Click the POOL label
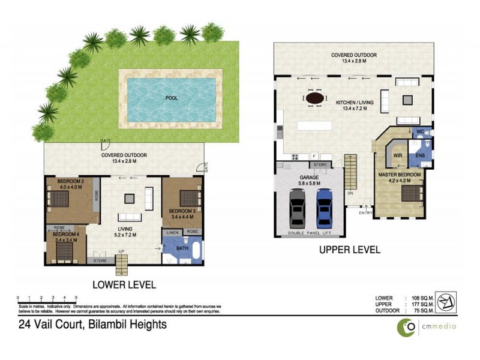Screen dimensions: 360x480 171,97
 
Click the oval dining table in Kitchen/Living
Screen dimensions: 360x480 316,98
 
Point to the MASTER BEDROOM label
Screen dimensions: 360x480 400,175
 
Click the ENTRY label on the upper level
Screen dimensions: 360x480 365,212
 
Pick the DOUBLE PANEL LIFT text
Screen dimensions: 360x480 310,233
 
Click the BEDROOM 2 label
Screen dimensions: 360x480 70,181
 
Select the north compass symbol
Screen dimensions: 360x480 445,301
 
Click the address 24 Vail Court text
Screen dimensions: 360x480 91,325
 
